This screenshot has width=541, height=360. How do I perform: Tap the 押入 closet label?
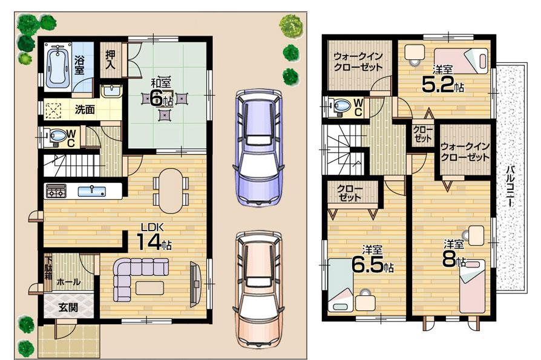(110, 60)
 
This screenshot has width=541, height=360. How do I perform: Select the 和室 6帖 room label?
(160, 91)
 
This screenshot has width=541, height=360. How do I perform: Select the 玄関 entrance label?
(68, 307)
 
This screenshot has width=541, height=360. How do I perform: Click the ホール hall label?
(68, 282)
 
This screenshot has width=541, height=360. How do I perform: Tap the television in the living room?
(195, 281)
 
